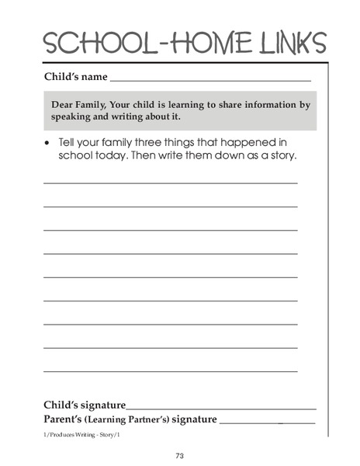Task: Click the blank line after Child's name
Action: point(210,80)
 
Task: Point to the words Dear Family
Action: point(80,104)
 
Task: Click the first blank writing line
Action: point(170,183)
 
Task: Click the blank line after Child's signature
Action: point(221,408)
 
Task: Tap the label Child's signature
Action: point(85,405)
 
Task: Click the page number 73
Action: point(179,455)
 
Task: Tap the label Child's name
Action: point(75,78)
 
